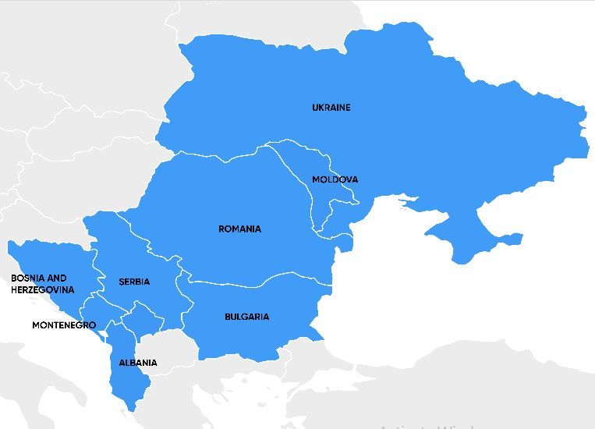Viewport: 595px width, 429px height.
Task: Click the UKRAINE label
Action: coord(331,108)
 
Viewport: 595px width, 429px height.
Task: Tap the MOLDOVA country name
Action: coord(335,179)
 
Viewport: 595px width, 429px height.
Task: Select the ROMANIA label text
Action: coord(239,229)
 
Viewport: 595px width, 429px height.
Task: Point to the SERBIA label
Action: coord(134,282)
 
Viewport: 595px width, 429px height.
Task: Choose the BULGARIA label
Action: coord(246,317)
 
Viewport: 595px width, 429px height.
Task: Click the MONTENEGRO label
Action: coord(64,325)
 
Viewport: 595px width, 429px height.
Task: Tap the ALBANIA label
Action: coord(137,363)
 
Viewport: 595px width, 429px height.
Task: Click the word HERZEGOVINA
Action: coord(43,290)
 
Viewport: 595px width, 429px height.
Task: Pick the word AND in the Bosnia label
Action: coord(57,278)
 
